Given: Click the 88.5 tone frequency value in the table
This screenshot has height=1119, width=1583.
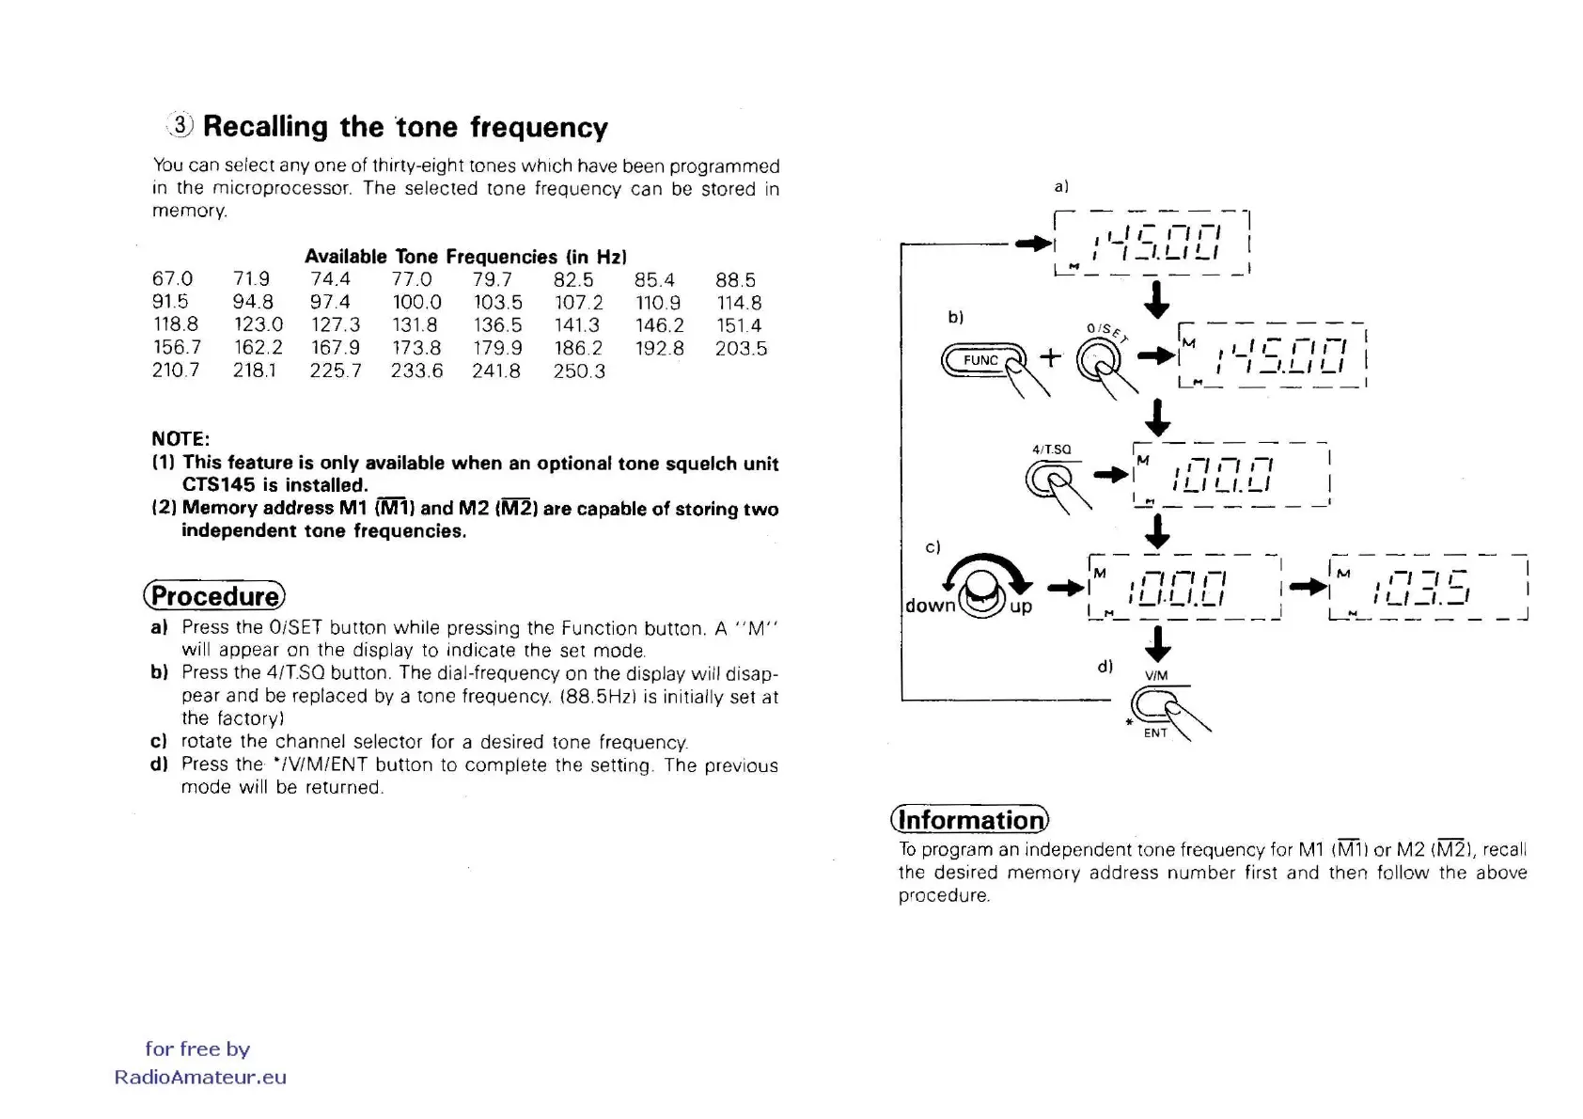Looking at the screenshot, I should [735, 280].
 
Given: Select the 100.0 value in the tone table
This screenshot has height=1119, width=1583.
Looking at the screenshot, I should [416, 303].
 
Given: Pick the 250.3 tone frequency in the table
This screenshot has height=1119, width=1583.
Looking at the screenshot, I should [579, 371].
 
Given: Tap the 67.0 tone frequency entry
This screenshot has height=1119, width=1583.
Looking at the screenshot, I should [172, 279].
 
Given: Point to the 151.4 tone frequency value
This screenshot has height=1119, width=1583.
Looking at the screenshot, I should [739, 325].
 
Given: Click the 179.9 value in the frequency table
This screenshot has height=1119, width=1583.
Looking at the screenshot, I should [497, 348].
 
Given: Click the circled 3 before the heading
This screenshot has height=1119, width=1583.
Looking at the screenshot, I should [180, 125].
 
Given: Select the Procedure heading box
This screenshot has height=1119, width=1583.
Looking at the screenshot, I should [214, 596].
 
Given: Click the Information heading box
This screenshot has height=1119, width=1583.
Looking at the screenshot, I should [970, 820].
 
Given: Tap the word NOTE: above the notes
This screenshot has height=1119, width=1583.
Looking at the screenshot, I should [180, 439].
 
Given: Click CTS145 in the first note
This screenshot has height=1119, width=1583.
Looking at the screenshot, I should [218, 485].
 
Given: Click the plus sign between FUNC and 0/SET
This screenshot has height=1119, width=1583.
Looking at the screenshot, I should [1050, 357].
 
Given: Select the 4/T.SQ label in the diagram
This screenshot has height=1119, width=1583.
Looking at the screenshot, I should [1051, 449].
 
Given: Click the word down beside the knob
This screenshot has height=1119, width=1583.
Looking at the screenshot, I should [930, 606].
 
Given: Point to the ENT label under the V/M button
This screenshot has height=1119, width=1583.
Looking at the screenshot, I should [1155, 733].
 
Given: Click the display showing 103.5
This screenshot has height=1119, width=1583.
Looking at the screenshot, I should [1428, 588].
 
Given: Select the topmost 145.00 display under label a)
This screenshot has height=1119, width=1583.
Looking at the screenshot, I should [1152, 243].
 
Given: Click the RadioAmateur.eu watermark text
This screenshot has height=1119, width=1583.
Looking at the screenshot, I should [200, 1078].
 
